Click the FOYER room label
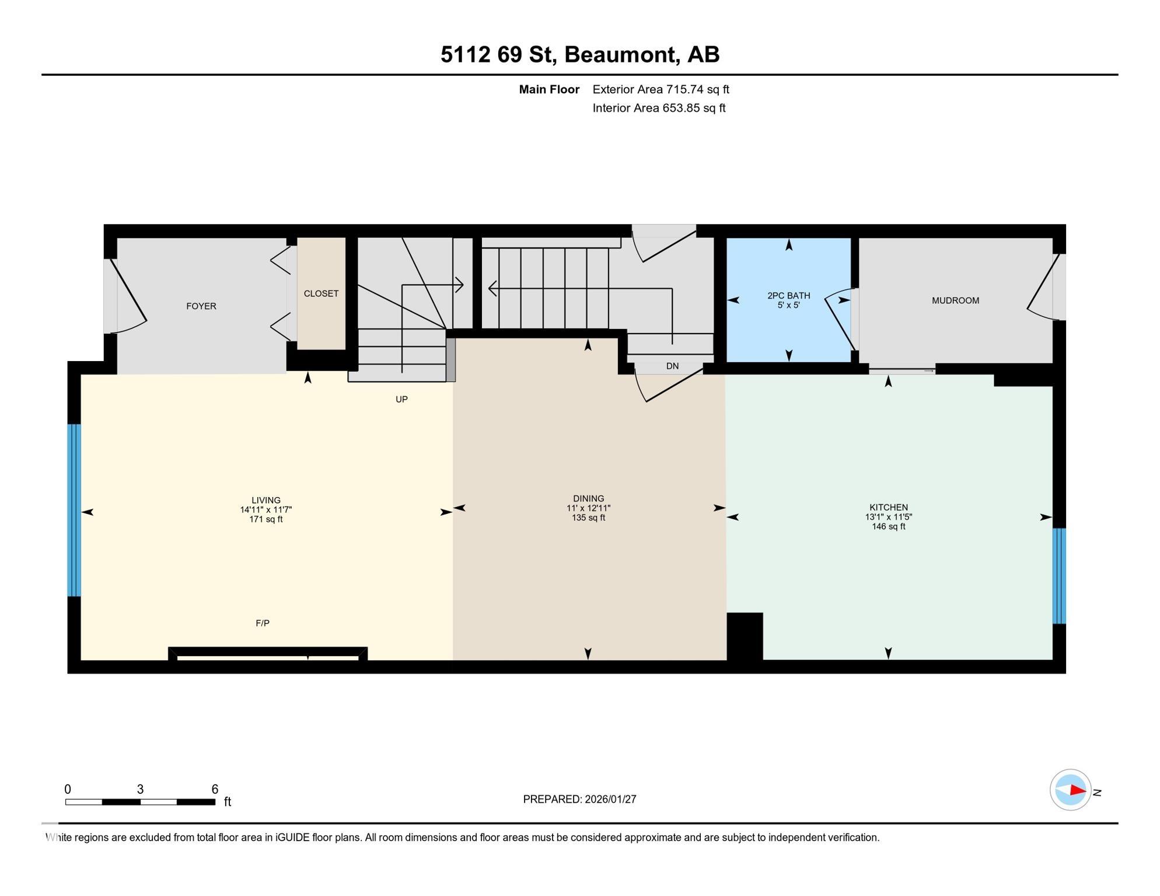point(201,306)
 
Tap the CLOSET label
point(321,293)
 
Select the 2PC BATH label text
point(788,296)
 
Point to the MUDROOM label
point(955,300)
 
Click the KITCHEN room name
point(888,508)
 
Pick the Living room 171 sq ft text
point(265,519)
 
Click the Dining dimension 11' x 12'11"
point(588,508)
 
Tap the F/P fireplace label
point(263,623)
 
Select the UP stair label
point(401,400)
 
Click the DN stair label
point(672,366)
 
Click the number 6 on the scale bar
point(215,789)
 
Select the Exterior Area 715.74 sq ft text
point(661,89)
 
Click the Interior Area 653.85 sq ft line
point(659,108)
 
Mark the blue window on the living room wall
point(74,510)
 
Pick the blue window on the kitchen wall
point(1058,576)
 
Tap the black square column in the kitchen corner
point(745,636)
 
